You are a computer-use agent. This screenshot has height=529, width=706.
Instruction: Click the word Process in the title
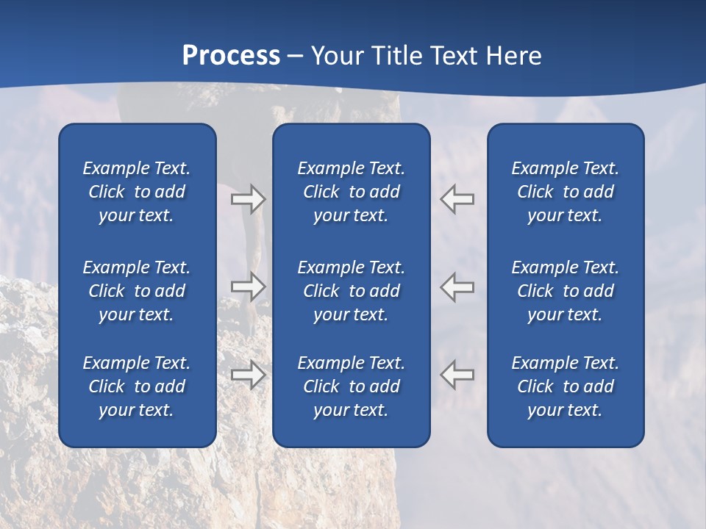[x=231, y=56]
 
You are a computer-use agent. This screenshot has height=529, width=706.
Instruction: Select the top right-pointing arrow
[x=249, y=199]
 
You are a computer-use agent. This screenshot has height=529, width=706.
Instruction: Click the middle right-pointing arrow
[x=249, y=287]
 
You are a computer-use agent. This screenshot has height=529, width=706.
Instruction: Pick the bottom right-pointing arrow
[x=249, y=375]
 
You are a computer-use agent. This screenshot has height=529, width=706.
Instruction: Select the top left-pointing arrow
[x=457, y=199]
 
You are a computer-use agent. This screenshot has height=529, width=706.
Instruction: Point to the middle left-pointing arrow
[x=457, y=287]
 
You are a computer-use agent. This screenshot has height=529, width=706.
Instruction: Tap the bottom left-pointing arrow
[x=457, y=375]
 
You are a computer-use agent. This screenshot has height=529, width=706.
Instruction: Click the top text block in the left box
[x=137, y=192]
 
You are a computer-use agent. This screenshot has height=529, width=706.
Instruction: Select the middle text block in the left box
[x=137, y=291]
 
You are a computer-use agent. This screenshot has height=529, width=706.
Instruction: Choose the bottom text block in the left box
[x=137, y=386]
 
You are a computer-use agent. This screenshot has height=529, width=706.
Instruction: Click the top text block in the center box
[x=351, y=192]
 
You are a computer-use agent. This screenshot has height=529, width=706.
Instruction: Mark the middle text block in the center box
[x=351, y=291]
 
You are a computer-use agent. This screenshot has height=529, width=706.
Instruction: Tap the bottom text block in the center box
[x=351, y=386]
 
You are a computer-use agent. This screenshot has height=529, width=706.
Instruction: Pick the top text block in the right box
[x=565, y=192]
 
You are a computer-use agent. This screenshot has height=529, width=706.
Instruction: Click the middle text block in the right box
[x=565, y=291]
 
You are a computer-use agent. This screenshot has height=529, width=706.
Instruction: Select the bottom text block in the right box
[x=565, y=386]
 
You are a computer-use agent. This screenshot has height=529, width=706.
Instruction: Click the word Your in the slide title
[x=336, y=56]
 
